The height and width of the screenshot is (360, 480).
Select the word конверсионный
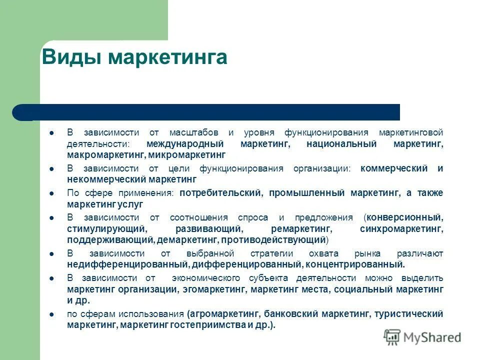(404, 217)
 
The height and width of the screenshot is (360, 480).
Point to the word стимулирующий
(106, 228)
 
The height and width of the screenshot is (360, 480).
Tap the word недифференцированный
(127, 264)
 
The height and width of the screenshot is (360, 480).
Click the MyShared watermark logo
(422, 337)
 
